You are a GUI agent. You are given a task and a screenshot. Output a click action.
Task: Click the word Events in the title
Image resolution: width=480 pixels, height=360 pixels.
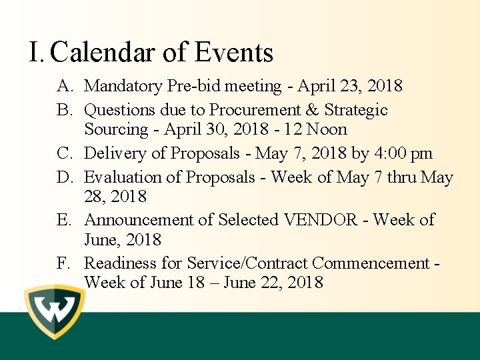[234, 52]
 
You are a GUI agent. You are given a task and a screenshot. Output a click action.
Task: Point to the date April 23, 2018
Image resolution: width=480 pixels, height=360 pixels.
[350, 86]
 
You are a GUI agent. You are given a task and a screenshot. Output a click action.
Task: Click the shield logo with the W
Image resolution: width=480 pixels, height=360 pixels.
[55, 311]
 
